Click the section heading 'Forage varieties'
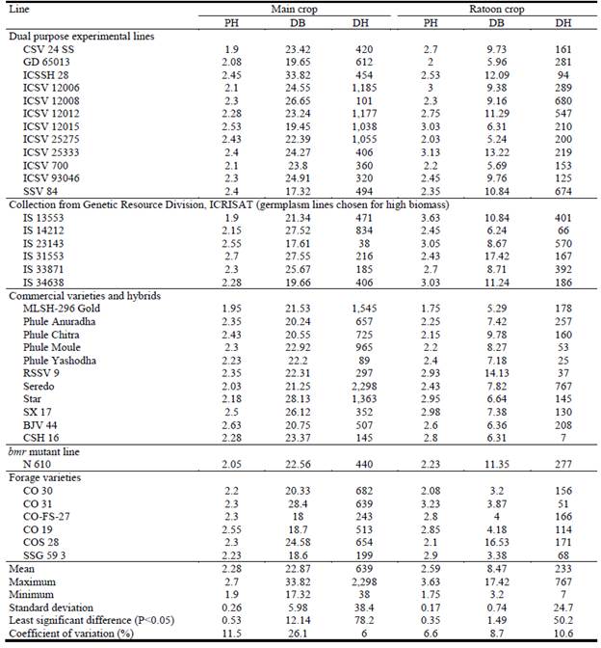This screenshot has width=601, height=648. [x=46, y=475]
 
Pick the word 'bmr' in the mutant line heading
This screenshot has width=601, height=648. [x=15, y=448]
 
